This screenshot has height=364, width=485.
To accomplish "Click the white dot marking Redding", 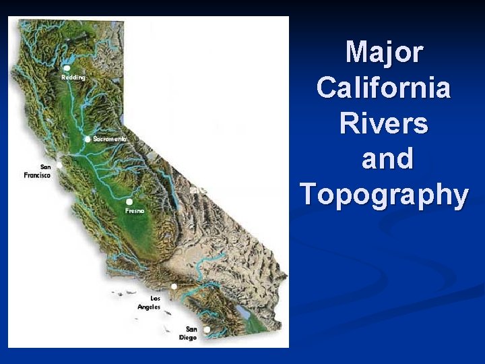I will (67, 68).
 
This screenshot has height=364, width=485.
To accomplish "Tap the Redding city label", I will (73, 78).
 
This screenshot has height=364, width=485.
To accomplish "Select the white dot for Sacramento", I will (88, 139).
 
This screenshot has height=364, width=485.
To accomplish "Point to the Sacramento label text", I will (109, 139).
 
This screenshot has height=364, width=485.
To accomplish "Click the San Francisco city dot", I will (59, 164).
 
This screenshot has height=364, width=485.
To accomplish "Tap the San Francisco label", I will (37, 171).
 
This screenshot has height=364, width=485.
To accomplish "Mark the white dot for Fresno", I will (129, 202).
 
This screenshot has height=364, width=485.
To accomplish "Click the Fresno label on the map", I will (135, 211).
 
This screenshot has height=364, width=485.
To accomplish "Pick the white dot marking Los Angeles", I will (174, 286).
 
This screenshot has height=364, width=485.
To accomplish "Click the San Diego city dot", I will (207, 330).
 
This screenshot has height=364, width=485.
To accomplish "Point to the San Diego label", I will (189, 334).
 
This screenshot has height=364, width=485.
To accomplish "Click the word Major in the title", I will (384, 53).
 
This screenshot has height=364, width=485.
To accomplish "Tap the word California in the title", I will (384, 88).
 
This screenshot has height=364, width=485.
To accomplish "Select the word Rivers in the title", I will (384, 123).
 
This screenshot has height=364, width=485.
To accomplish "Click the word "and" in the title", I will (387, 159).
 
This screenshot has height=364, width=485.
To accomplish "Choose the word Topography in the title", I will (384, 195).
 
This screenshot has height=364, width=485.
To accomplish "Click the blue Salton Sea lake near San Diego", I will (240, 311).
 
